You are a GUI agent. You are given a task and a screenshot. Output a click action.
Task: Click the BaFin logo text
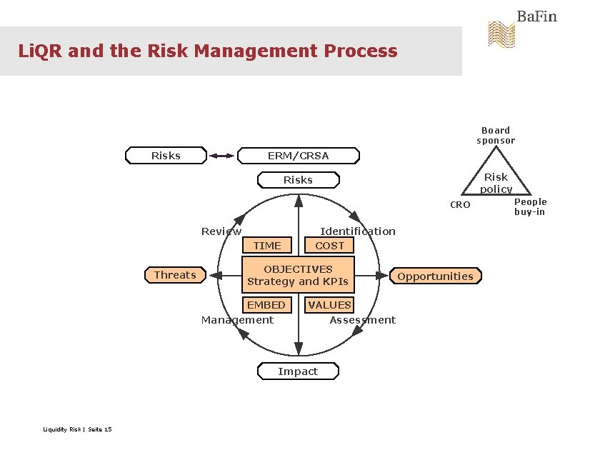[536, 16]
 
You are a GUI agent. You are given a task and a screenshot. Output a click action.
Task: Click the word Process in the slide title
[360, 51]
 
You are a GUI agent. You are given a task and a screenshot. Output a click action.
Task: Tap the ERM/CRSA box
[298, 155]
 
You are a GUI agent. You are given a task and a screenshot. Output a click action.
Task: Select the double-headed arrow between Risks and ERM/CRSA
[222, 155]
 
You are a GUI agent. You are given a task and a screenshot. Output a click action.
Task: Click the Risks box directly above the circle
[298, 180]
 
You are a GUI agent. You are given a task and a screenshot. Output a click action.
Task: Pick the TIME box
[267, 246]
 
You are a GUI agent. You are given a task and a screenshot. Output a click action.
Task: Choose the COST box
[329, 246]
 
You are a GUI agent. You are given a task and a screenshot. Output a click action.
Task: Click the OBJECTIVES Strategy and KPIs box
[298, 275]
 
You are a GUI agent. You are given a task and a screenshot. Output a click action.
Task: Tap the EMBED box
[266, 305]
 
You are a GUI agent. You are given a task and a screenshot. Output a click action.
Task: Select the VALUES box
[329, 305]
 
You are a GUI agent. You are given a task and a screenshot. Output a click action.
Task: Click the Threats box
[174, 275]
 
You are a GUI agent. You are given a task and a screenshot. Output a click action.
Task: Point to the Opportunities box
[435, 276]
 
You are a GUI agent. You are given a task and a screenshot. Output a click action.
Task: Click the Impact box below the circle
[298, 371]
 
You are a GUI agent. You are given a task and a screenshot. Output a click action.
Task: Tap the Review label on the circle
[221, 231]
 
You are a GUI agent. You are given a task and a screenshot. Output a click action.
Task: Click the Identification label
[357, 231]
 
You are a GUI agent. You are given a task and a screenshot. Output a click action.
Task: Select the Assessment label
[362, 320]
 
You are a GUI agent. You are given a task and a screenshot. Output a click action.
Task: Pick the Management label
[237, 320]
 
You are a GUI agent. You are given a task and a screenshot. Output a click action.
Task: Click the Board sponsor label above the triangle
[496, 135]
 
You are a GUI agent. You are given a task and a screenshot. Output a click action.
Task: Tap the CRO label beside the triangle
[460, 205]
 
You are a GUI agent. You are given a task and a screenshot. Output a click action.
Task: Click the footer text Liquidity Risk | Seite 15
[77, 429]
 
